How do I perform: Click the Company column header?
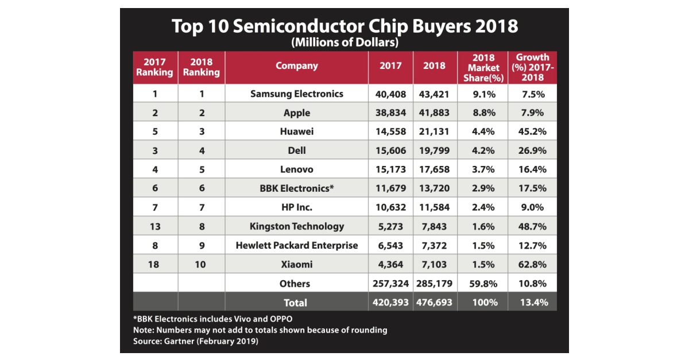click(x=296, y=65)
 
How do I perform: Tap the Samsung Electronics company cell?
click(x=296, y=94)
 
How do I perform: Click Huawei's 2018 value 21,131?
click(x=434, y=131)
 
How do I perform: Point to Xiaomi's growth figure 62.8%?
click(x=532, y=264)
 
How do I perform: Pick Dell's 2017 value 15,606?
click(x=390, y=150)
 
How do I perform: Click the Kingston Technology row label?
click(x=296, y=226)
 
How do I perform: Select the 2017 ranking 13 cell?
click(x=155, y=226)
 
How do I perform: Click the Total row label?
click(x=296, y=303)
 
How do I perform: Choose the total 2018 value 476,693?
click(x=434, y=303)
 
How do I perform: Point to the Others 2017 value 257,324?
click(x=390, y=284)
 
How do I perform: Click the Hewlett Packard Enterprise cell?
click(x=296, y=245)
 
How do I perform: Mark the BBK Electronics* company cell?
click(x=296, y=188)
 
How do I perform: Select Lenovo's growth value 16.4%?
click(x=532, y=169)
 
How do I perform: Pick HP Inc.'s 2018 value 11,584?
click(x=434, y=207)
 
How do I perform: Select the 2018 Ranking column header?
click(x=201, y=67)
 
